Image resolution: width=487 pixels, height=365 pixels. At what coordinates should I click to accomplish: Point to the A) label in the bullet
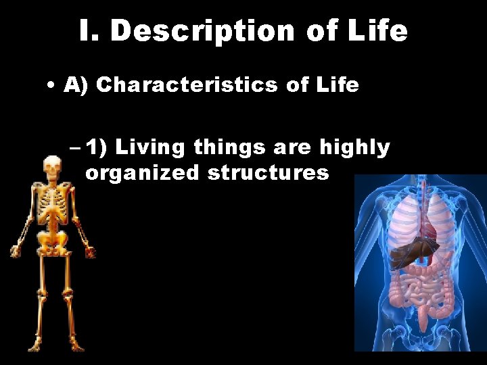pyautogui.click(x=76, y=86)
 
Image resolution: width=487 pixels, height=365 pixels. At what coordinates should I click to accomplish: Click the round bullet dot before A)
pyautogui.click(x=52, y=87)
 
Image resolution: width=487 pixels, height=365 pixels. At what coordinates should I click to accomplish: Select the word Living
pyautogui.click(x=152, y=147)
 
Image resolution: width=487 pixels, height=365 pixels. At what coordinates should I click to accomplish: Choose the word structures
pyautogui.click(x=269, y=173)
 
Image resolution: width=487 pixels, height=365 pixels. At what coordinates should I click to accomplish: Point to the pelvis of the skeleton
pyautogui.click(x=52, y=239)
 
